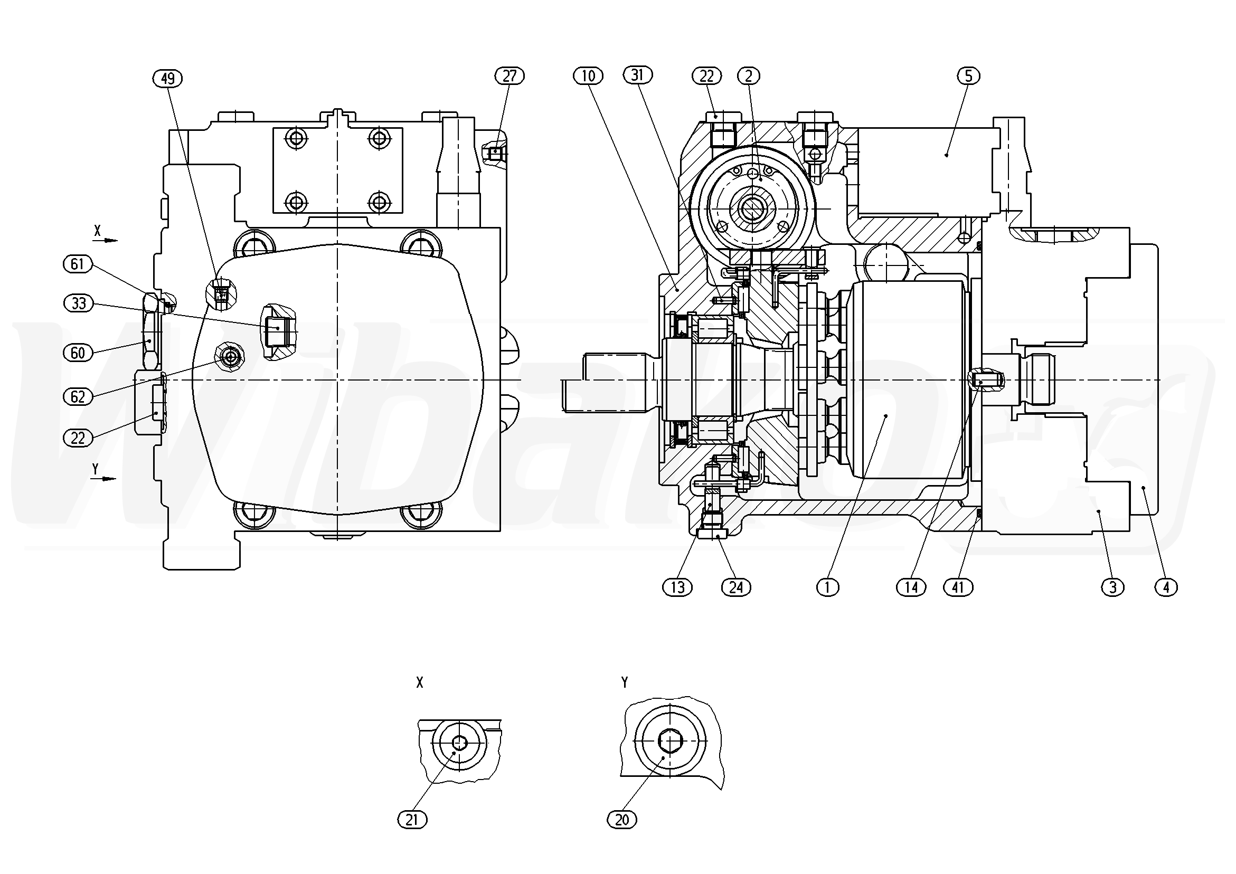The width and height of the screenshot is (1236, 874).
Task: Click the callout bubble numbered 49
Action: point(168,79)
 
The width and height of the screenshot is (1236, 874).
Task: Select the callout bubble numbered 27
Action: point(510,76)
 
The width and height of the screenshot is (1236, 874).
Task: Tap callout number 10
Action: point(588,76)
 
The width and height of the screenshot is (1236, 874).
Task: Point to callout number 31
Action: point(637,75)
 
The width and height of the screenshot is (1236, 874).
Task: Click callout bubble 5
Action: point(968,76)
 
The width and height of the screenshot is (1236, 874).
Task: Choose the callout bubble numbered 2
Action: point(748,76)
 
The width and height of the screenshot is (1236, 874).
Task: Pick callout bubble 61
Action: point(78,264)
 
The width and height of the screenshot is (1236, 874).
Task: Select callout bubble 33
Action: point(79,303)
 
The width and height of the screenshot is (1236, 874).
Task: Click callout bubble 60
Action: point(78,353)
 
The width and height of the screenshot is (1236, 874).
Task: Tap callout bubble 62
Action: point(78,397)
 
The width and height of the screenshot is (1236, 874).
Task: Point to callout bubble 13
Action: point(677,586)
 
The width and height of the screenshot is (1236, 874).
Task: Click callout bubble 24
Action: point(736,586)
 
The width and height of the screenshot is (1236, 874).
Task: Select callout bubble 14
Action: point(911,586)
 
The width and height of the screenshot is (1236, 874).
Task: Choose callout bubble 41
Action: point(958,586)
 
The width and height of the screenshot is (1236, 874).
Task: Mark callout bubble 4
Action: point(1166,586)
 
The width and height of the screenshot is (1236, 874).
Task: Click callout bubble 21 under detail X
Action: point(412,820)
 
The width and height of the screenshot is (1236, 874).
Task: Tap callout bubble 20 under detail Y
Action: point(622,820)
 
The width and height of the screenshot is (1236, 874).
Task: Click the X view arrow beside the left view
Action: point(110,240)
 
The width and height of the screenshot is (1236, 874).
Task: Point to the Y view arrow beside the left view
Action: point(109,479)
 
